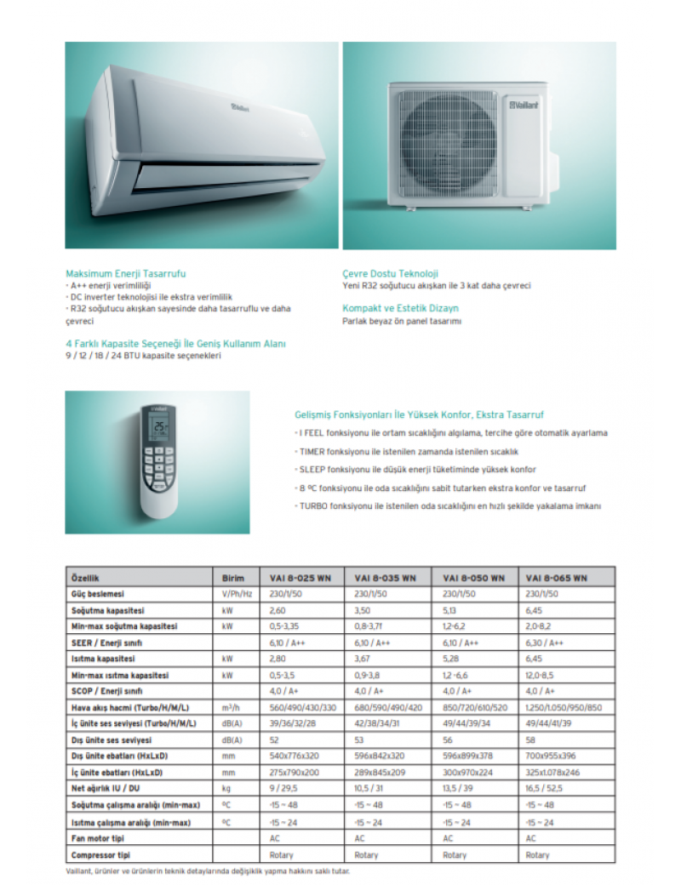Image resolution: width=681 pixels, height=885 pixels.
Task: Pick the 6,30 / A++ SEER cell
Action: click(545, 642)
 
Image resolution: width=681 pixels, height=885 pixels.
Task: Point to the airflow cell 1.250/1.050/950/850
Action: click(564, 708)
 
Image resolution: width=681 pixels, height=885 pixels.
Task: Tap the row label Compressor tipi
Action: click(100, 854)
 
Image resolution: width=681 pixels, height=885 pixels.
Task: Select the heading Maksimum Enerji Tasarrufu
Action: click(125, 273)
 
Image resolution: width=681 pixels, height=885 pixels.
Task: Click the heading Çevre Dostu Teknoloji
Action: click(390, 273)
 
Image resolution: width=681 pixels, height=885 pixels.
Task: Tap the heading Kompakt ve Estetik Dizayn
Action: click(400, 307)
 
